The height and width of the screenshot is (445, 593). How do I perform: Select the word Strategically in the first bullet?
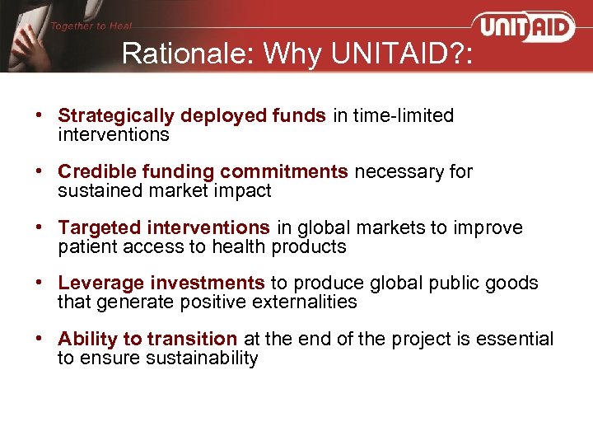(109, 116)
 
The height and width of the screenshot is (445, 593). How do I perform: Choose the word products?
(311, 246)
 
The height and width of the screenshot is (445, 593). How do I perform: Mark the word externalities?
(306, 302)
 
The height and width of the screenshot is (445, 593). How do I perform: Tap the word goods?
(514, 283)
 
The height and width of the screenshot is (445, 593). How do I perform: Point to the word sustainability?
(209, 358)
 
